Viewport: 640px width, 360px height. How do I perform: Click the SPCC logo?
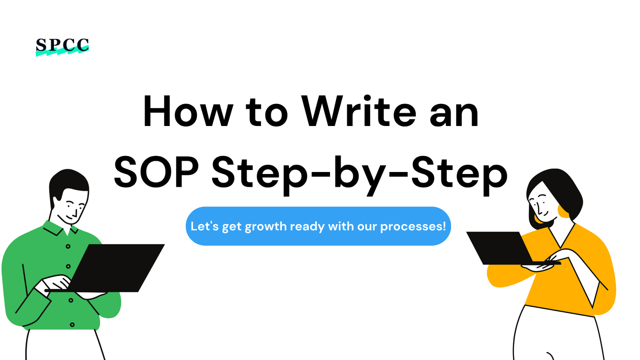point(62,46)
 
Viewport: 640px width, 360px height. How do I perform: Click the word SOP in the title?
point(156,172)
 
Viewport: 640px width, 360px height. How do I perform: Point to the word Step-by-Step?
point(360,175)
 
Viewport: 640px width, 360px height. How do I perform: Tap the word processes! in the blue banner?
point(413,226)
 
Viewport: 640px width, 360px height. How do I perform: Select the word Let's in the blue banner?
point(205,226)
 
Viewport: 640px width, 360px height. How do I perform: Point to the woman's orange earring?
point(563,212)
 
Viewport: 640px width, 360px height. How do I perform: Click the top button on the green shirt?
point(68,246)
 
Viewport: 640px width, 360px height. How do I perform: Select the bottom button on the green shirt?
point(72,325)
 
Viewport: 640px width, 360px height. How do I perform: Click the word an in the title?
point(454,115)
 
